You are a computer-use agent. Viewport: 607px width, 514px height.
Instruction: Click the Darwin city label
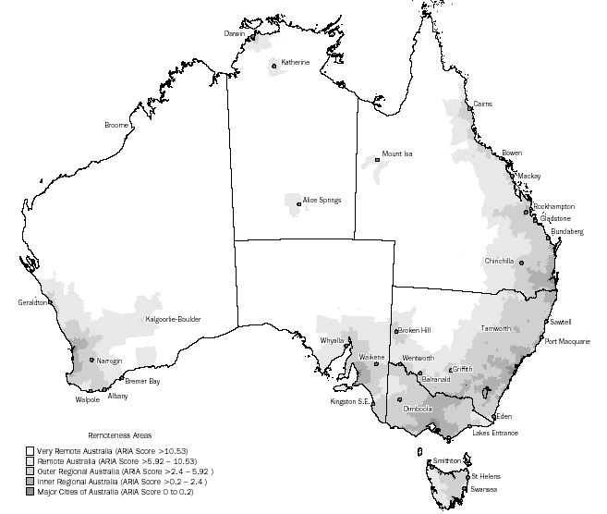[235, 32]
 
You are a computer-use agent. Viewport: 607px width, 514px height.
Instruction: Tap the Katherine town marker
[274, 65]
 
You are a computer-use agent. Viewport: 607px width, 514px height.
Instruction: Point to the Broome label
[116, 125]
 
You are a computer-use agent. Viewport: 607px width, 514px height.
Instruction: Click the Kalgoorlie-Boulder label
[173, 319]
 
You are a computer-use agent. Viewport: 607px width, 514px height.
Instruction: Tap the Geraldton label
[33, 302]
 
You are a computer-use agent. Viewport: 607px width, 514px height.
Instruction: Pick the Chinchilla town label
[499, 261]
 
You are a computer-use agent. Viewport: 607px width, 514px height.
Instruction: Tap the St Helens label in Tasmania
[485, 476]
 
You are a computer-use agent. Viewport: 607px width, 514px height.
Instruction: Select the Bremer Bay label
[141, 381]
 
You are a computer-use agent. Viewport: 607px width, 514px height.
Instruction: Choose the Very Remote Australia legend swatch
[29, 449]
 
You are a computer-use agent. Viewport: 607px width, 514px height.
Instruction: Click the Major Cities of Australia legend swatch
[29, 490]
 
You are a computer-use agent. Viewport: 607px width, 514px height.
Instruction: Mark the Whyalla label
[331, 340]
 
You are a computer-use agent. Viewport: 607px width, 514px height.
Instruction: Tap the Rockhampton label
[554, 206]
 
